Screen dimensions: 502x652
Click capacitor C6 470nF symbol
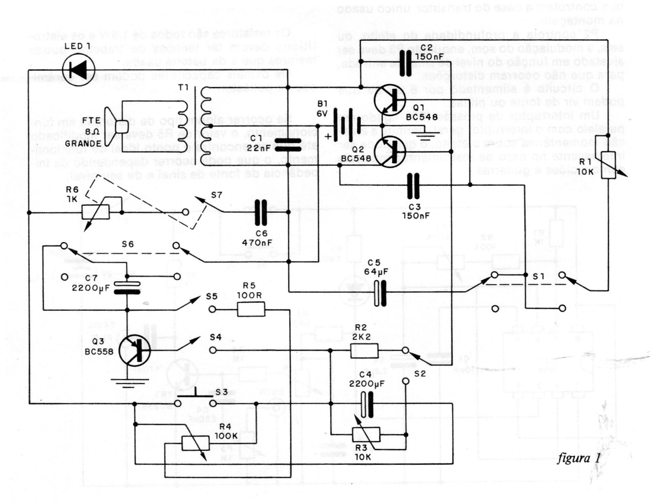261,212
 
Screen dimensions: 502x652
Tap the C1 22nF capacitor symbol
288,144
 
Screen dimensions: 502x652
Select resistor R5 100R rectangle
251,309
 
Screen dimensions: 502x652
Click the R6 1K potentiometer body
95,212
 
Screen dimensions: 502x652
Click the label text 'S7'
216,195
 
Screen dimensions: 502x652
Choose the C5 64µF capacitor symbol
381,293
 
